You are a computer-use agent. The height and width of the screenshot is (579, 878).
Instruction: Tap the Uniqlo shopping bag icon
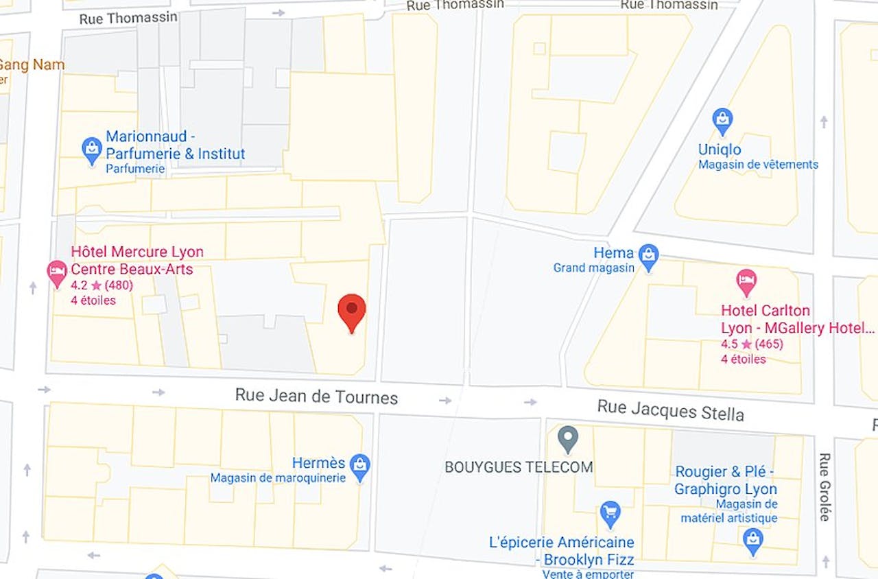[722, 122]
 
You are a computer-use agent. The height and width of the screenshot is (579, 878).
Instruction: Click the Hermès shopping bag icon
[359, 467]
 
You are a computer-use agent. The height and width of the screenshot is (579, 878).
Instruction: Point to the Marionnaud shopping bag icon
[92, 150]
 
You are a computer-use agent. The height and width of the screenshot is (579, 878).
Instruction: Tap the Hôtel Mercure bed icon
[57, 273]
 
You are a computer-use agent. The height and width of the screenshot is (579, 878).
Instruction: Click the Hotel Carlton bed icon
[746, 281]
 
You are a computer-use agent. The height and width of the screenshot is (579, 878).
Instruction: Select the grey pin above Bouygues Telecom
[567, 438]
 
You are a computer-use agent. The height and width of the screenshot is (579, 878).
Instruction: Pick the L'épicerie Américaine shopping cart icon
[610, 512]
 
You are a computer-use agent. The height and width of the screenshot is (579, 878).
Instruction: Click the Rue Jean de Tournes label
[316, 396]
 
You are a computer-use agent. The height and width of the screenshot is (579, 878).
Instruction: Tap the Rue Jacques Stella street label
[670, 411]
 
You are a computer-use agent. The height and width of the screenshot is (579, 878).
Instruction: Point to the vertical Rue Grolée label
[824, 486]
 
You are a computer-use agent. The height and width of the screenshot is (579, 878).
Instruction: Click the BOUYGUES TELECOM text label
[519, 467]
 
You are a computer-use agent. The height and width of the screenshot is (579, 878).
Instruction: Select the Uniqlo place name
[720, 150]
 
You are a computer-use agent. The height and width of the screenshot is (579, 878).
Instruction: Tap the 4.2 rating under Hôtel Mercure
[79, 285]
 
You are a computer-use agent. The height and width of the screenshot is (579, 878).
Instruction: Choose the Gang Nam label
[32, 65]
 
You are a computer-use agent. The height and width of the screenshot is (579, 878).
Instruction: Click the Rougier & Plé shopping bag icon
[753, 541]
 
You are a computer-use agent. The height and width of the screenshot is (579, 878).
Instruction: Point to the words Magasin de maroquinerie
[278, 478]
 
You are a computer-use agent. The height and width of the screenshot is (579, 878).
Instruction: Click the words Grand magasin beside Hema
[594, 268]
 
